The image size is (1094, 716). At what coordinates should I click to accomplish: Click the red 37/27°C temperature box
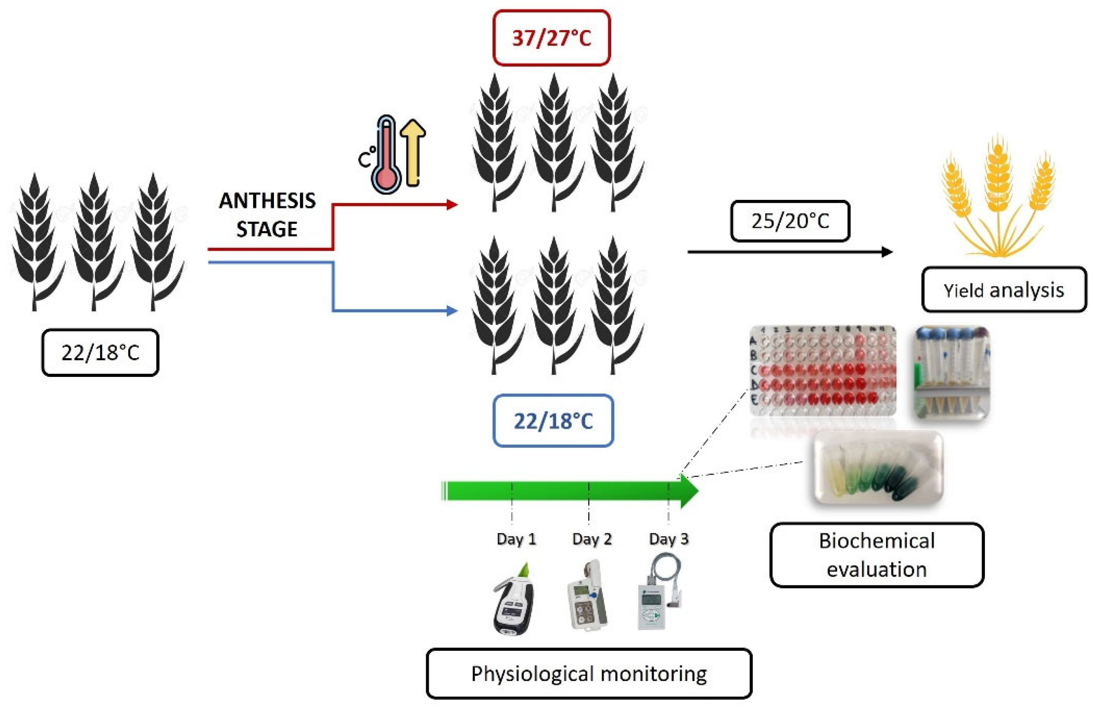(551, 38)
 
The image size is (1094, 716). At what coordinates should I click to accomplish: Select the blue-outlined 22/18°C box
(553, 421)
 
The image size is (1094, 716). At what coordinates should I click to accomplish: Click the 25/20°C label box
(790, 221)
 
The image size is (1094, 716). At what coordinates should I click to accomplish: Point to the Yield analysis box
(1004, 290)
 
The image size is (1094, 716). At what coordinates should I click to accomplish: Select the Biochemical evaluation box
(876, 555)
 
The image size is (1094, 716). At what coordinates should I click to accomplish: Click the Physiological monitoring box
(589, 674)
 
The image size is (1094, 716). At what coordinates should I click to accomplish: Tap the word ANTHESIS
(267, 201)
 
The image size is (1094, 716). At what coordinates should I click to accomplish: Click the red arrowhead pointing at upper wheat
(452, 205)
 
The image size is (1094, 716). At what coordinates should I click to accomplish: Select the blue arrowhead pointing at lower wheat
(452, 311)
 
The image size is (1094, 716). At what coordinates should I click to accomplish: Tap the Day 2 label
(592, 539)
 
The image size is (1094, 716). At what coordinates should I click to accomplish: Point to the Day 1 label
(516, 539)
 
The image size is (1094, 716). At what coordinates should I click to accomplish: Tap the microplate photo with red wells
(823, 371)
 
